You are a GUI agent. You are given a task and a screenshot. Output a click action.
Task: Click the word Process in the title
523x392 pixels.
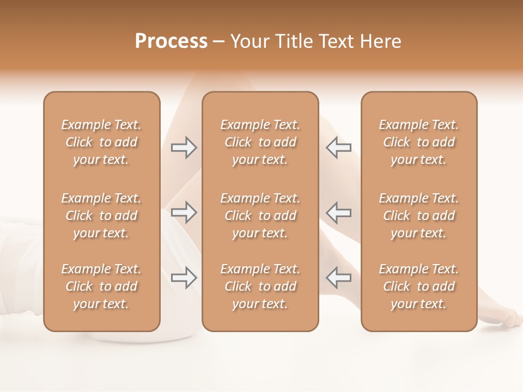point(171,41)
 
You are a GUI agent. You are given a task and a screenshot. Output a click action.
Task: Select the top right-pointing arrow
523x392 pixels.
point(184,148)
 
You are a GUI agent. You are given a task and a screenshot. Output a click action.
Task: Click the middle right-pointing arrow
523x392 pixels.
point(184,212)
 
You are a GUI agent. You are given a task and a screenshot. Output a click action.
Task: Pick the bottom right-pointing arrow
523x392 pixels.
point(184,278)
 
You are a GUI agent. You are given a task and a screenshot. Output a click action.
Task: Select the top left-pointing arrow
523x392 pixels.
point(338,148)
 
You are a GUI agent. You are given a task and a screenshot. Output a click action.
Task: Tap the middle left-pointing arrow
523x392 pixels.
point(338,212)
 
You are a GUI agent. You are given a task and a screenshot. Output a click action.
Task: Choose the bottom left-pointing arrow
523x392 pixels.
point(338,278)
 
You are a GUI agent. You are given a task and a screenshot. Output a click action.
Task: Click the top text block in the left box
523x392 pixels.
point(101,142)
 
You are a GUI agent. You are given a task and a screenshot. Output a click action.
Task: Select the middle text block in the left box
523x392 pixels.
point(101,216)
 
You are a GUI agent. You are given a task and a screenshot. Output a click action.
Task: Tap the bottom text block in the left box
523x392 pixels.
point(101,286)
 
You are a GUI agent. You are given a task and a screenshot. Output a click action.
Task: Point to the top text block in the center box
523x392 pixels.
point(260,142)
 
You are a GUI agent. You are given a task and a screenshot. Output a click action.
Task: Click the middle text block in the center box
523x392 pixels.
point(260,216)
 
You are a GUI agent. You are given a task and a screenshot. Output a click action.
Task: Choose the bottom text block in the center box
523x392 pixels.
point(260,286)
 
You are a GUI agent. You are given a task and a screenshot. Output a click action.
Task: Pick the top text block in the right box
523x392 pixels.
point(419,142)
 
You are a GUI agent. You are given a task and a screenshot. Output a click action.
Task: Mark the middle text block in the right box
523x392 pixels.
point(419,216)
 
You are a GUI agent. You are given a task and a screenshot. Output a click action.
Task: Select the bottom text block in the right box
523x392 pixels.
point(419,286)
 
